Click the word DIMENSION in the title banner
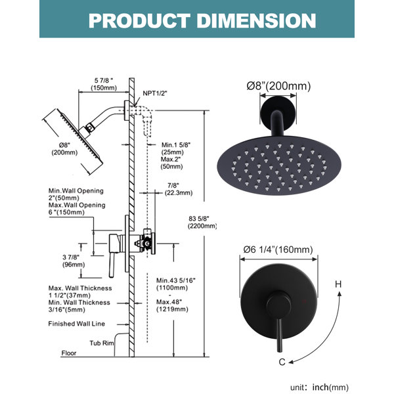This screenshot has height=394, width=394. tap(257, 20)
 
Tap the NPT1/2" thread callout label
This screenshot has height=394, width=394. tap(155, 93)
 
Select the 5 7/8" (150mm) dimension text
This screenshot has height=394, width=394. tap(104, 84)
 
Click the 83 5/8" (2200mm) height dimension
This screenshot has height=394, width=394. tap(202, 223)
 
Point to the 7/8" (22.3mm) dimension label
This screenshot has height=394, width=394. tap(179, 189)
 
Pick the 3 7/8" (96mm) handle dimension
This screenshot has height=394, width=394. tap(74, 261)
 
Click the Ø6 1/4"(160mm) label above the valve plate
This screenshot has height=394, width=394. tap(278, 250)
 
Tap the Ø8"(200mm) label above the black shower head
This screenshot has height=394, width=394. tap(278, 86)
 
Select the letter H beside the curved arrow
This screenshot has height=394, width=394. tap(338, 284)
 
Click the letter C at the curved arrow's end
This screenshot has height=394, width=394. tap(282, 362)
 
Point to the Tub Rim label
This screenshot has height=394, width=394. tap(102, 343)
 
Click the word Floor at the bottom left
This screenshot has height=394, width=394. tap(69, 353)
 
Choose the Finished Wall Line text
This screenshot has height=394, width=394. tap(76, 324)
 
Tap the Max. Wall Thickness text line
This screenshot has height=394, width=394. tap(80, 288)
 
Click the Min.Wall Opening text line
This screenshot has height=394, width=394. tap(76, 190)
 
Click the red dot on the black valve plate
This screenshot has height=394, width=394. tap(304, 301)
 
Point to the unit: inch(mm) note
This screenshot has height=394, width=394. tap(319, 387)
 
